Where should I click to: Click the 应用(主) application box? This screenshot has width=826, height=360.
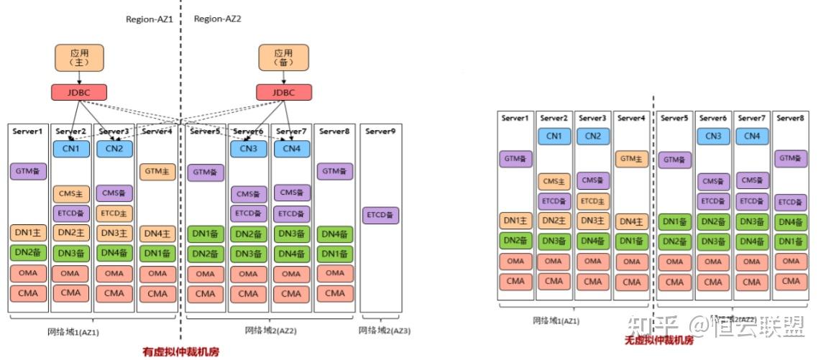tap(79, 57)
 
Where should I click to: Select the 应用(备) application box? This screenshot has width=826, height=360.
tap(283, 57)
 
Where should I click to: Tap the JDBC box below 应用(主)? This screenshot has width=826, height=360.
tap(79, 92)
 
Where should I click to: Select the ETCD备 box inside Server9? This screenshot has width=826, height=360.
tap(380, 215)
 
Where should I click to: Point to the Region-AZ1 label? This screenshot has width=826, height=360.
tap(150, 19)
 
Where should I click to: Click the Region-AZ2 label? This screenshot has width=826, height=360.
tap(218, 19)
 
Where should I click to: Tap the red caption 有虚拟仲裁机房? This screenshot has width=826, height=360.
tap(181, 351)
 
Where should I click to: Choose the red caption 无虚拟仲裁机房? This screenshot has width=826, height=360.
tap(658, 340)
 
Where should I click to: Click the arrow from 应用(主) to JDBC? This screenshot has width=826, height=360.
tap(79, 78)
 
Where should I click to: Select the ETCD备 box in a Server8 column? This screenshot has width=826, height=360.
tap(790, 203)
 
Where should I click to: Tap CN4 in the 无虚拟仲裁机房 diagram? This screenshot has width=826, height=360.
tap(751, 136)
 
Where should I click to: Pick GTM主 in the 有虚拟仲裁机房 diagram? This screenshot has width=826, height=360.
tap(157, 172)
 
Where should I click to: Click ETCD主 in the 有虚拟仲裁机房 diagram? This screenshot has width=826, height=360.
tap(114, 213)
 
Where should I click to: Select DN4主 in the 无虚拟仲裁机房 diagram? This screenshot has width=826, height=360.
tap(631, 222)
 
